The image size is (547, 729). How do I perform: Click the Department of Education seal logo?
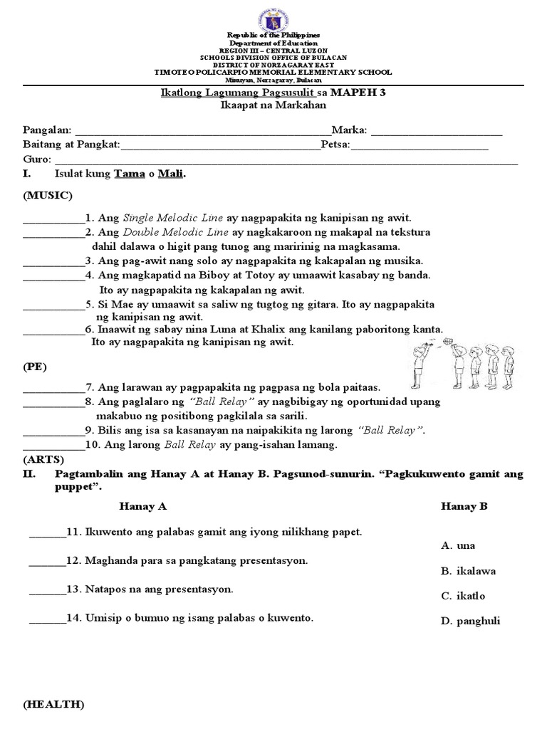273,16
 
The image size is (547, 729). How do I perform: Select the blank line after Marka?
436,132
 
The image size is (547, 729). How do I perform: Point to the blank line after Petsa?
420,147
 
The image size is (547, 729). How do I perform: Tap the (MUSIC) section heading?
48,195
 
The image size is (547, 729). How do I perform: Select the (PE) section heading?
35,367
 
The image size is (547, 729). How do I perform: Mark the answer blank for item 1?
53,219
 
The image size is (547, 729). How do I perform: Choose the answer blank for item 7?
53,388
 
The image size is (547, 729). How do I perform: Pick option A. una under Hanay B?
458,546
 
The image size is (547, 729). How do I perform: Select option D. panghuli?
470,621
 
